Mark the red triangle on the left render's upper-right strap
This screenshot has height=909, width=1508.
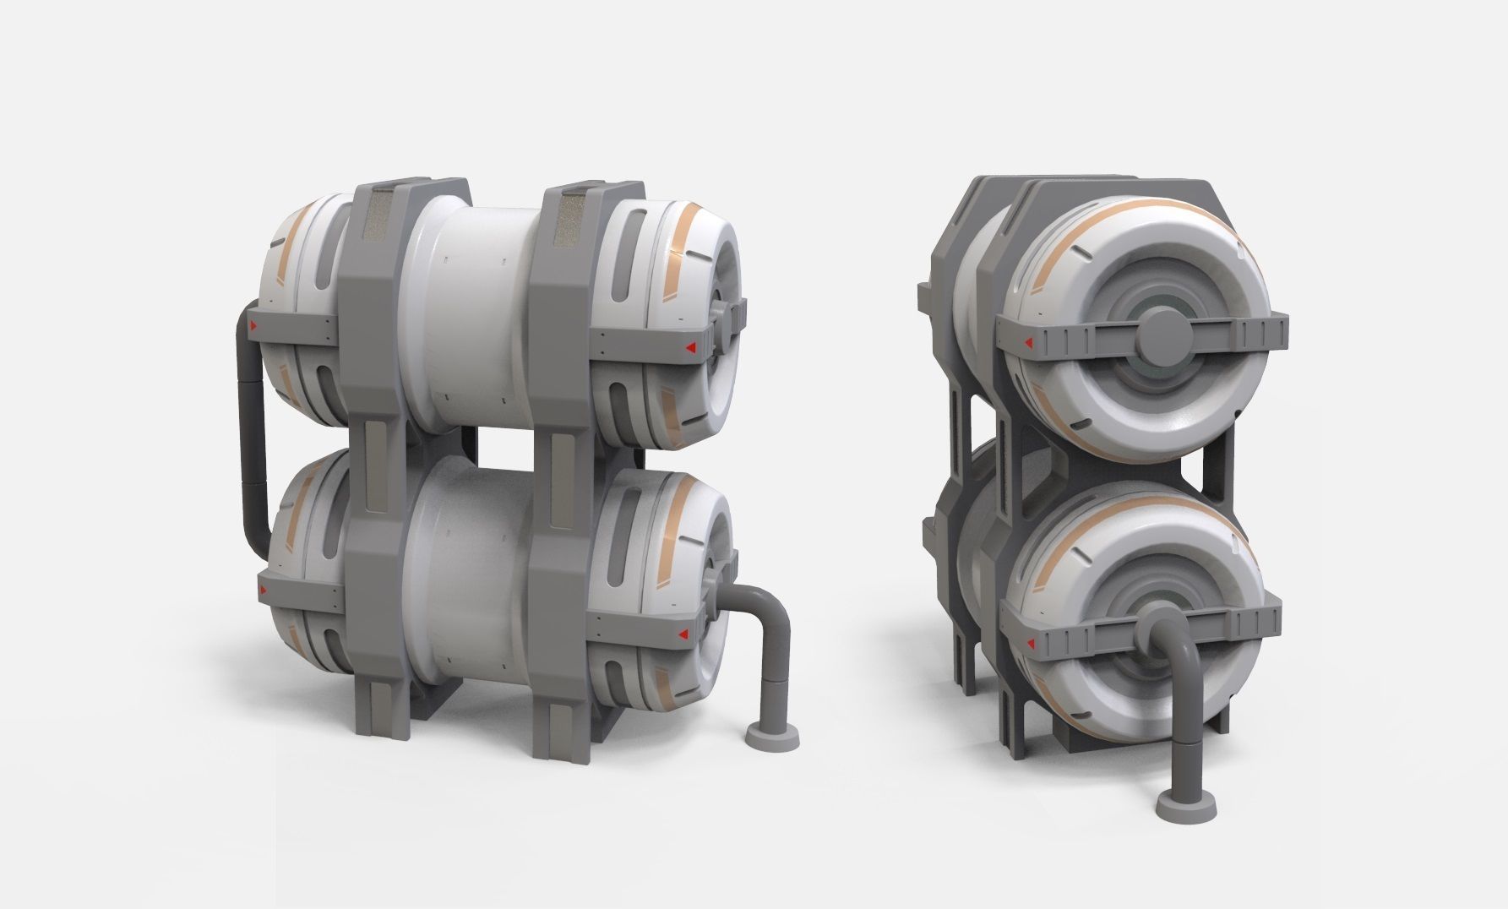coord(689,346)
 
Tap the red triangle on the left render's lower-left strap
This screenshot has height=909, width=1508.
coord(263,589)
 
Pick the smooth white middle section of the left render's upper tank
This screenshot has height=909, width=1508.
coord(473,313)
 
